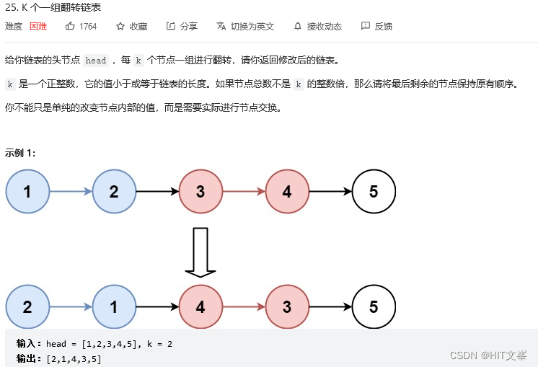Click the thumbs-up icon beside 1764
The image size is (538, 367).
[x=70, y=26]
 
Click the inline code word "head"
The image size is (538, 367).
[x=95, y=61]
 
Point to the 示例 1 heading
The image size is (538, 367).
[x=20, y=153]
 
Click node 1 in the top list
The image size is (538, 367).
[x=27, y=192]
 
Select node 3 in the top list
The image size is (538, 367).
[x=200, y=192]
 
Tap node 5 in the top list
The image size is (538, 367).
[x=374, y=192]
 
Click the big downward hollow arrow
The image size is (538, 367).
[x=200, y=252]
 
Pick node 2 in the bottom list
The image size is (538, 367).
[x=27, y=306]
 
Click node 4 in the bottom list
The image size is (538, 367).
[x=200, y=306]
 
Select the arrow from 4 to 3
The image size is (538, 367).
[x=244, y=306]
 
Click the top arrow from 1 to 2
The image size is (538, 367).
[x=71, y=192]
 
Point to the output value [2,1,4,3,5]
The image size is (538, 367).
[x=74, y=358]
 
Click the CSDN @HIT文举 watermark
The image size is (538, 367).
[x=488, y=355]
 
